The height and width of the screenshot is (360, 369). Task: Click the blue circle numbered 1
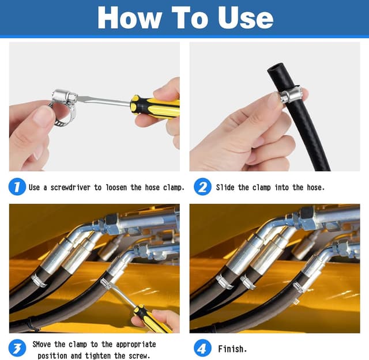pyautogui.click(x=17, y=187)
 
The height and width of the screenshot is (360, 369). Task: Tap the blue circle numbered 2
pyautogui.click(x=202, y=187)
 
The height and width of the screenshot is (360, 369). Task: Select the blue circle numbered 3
pyautogui.click(x=17, y=348)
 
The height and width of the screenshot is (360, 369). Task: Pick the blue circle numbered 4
pyautogui.click(x=202, y=348)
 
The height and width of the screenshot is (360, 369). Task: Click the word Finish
pyautogui.click(x=232, y=348)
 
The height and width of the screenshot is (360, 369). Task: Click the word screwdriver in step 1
pyautogui.click(x=70, y=187)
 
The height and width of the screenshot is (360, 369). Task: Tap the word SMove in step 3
pyautogui.click(x=42, y=344)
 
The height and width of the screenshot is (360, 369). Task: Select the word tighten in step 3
pyautogui.click(x=97, y=355)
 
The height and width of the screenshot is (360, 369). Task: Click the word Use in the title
pyautogui.click(x=246, y=18)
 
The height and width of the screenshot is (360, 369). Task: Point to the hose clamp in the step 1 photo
pyautogui.click(x=63, y=107)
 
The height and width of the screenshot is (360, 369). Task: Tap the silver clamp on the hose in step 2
pyautogui.click(x=291, y=94)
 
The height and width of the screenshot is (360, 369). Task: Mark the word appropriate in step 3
pyautogui.click(x=136, y=345)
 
